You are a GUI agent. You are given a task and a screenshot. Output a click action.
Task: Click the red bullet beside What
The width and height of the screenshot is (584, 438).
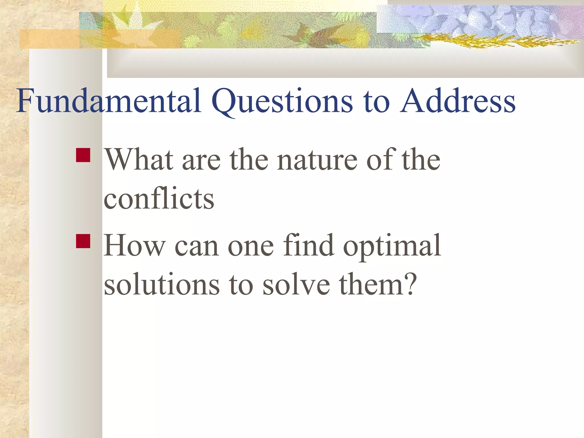pos(83,155)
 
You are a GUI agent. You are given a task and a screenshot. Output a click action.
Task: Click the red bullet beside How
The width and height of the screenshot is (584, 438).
pos(83,241)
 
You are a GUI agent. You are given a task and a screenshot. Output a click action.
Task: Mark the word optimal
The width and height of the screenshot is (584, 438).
pos(392,246)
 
